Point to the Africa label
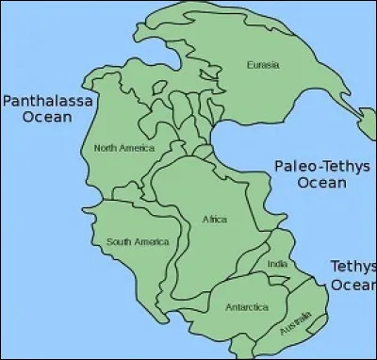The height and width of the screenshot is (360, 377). pyautogui.click(x=215, y=220)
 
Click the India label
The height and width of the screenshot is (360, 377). pyautogui.click(x=277, y=265)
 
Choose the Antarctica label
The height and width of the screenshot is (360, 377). pyautogui.click(x=246, y=307)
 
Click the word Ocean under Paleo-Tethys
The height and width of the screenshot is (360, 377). pyautogui.click(x=321, y=183)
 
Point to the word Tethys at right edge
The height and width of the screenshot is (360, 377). pyautogui.click(x=353, y=267)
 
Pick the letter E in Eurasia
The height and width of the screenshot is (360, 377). pyautogui.click(x=248, y=65)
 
